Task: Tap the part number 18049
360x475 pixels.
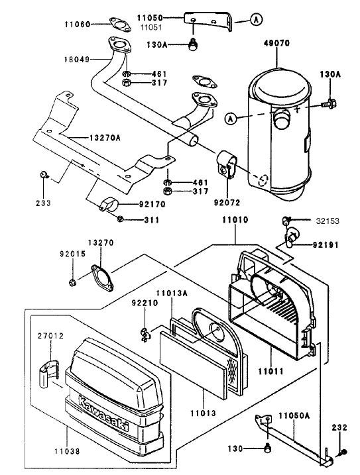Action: point(76,60)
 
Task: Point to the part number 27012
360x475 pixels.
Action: point(50,337)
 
